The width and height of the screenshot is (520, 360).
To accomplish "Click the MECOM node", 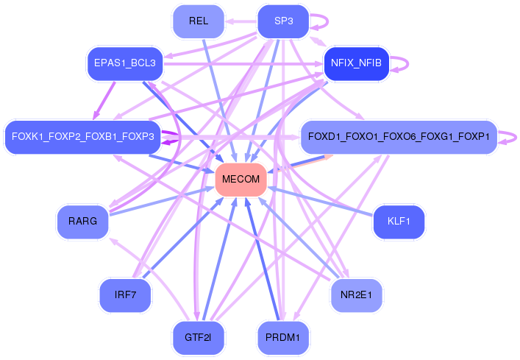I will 241,180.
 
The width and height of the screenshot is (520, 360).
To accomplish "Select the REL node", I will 198,21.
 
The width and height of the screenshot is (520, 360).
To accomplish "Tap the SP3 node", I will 283,21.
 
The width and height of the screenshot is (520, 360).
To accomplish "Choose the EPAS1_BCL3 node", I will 124,63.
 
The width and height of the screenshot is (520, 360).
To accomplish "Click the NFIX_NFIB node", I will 357,63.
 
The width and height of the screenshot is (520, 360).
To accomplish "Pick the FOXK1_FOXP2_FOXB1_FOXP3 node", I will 83,137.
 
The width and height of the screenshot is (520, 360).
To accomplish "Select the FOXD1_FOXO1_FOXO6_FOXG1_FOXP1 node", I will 399,137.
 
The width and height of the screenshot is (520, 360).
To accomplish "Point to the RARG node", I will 82,221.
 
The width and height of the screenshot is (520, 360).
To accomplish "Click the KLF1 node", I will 399,221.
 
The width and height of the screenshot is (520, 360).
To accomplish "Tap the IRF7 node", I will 125,294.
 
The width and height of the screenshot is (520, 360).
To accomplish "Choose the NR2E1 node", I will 357,294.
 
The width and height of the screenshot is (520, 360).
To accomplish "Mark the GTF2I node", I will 198,337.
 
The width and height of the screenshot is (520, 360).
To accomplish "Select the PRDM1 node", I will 283,337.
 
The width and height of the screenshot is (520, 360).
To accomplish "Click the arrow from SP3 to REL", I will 241,21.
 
